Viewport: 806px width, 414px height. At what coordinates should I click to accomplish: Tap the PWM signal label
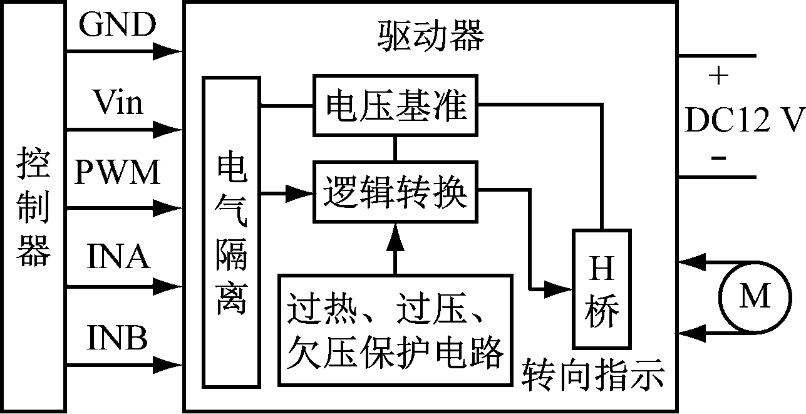pos(117,173)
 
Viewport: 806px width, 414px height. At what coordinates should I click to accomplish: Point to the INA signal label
pos(118,257)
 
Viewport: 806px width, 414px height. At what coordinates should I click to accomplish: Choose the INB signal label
pos(117,338)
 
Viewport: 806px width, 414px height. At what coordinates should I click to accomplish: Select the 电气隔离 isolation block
pos(231,232)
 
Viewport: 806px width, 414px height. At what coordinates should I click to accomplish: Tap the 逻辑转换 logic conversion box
pos(395,192)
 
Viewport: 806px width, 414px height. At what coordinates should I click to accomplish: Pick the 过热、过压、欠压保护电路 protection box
pos(395,331)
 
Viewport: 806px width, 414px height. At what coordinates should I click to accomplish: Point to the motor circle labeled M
pos(754,296)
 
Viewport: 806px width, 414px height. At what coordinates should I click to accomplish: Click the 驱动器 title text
pos(431,37)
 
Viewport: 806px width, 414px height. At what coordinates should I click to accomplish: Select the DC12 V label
pos(743,120)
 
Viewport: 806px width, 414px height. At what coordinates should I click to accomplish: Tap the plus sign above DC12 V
pos(718,76)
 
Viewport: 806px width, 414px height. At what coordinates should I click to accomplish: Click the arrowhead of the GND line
pos(169,51)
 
